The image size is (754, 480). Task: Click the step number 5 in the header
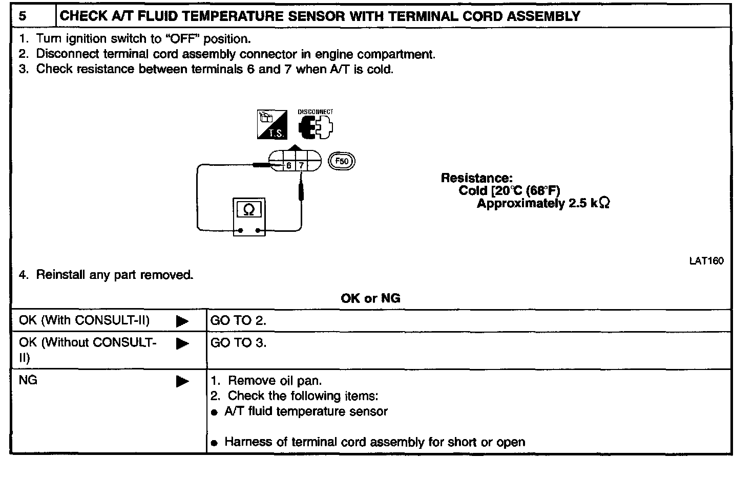(x=23, y=16)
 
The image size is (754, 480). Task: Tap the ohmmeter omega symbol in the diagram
(x=249, y=209)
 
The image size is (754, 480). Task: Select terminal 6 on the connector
(x=289, y=165)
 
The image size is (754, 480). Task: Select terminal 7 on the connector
(x=301, y=165)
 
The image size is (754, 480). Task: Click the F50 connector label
(x=341, y=162)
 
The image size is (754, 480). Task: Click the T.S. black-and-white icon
(x=272, y=125)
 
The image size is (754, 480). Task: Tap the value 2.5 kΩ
(x=589, y=204)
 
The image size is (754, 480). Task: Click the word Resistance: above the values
(x=476, y=178)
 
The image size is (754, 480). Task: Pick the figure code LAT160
(x=706, y=261)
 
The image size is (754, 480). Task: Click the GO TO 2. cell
(x=238, y=321)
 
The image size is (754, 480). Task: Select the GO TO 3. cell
(x=238, y=343)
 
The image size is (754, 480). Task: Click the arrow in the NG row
(x=182, y=381)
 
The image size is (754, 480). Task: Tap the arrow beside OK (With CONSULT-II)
(x=182, y=321)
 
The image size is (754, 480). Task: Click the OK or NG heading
(x=370, y=298)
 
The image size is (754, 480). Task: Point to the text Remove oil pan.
(x=275, y=381)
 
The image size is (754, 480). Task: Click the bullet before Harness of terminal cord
(x=215, y=443)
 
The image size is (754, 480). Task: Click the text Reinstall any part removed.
(x=115, y=275)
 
